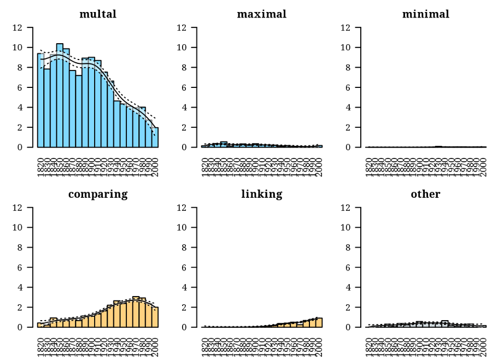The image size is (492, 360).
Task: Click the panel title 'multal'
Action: pos(98,14)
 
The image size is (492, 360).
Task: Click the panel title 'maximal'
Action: pos(261,14)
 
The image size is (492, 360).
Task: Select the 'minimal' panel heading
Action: pos(425,14)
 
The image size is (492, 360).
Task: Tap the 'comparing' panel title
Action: pos(98,194)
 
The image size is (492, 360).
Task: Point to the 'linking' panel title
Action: pos(261,194)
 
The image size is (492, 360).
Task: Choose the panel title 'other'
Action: pos(425,194)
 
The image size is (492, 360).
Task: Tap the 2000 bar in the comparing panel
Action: pos(155,317)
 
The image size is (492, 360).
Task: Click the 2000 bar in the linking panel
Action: pos(319,323)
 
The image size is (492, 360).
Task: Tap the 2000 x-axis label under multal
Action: pos(156,164)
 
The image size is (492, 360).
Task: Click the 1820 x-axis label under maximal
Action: pos(204,164)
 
